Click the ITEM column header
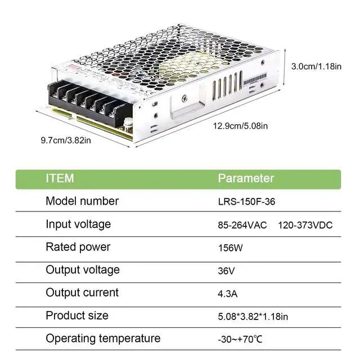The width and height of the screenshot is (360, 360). (60, 178)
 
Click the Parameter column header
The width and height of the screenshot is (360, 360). (246, 178)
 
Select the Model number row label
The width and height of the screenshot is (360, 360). (82, 201)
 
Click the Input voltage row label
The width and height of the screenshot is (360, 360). (78, 224)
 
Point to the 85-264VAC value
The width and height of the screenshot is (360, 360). (242, 225)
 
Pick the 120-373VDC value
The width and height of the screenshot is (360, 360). (305, 225)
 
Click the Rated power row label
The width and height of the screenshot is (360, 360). (78, 247)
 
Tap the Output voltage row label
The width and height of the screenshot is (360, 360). (83, 269)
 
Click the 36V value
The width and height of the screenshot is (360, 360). (226, 271)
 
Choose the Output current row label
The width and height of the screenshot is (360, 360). (82, 292)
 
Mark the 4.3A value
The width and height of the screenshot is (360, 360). (227, 294)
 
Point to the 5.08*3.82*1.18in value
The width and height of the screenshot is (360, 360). (253, 317)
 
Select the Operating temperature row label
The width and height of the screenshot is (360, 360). (103, 338)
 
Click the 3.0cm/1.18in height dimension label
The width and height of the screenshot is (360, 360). (316, 66)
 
